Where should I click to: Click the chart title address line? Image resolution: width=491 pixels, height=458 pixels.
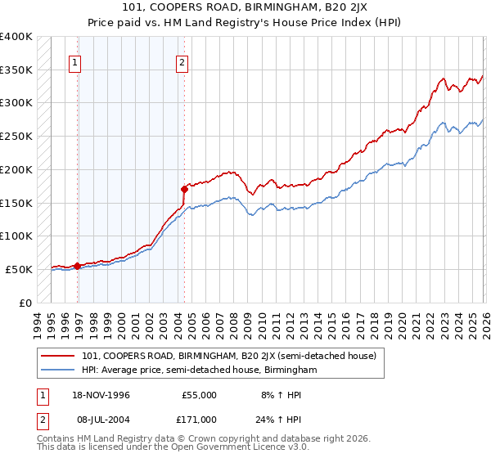pos(245,9)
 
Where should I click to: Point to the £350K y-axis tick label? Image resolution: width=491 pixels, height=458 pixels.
pos(16,70)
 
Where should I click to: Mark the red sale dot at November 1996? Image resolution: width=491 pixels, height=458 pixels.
pos(77,266)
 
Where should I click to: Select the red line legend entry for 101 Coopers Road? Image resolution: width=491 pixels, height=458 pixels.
pos(228,356)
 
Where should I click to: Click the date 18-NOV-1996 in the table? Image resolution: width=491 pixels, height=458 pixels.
pos(106,395)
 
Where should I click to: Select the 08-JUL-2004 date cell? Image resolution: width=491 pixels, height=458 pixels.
pos(106,419)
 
